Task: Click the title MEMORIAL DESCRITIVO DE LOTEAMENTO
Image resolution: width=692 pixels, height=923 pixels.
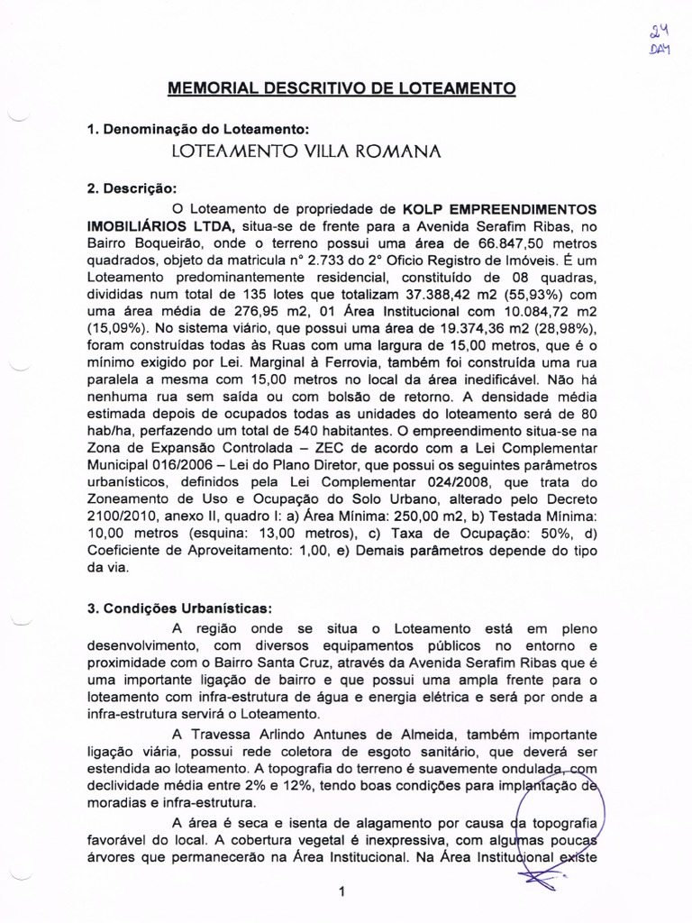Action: pyautogui.click(x=341, y=88)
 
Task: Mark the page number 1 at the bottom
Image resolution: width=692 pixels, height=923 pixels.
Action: pyautogui.click(x=342, y=892)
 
